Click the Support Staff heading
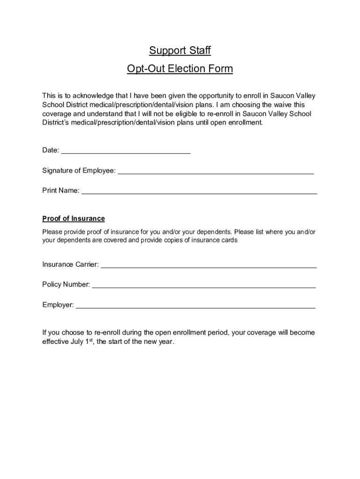coord(180,50)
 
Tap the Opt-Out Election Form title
coord(180,69)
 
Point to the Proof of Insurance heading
coord(73,218)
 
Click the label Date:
coord(51,150)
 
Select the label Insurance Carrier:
coord(71,264)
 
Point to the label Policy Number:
coord(66,284)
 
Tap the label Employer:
coord(58,305)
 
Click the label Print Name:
coord(61,190)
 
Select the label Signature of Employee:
coord(79,171)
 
